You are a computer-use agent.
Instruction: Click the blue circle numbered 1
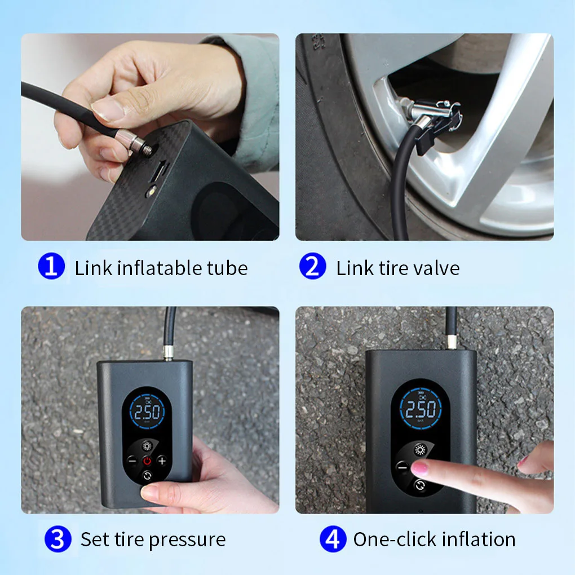[51, 267]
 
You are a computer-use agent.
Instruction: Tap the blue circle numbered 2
[312, 267]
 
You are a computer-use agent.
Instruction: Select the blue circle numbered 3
[57, 539]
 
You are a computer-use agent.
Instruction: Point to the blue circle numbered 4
[333, 539]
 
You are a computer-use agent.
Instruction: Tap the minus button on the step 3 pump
[132, 461]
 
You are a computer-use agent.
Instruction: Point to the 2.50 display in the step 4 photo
[421, 409]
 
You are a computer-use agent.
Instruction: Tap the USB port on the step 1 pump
[160, 169]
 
